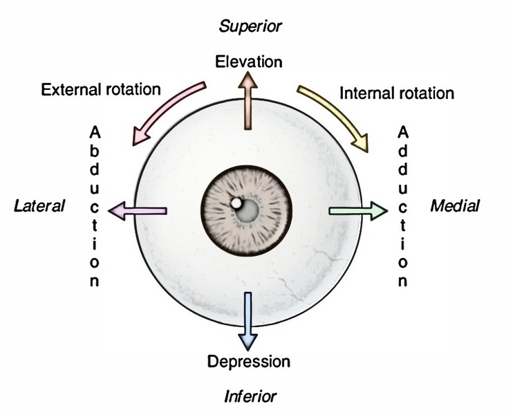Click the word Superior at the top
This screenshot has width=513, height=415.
pyautogui.click(x=250, y=26)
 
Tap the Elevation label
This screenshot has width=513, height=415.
pyautogui.click(x=250, y=62)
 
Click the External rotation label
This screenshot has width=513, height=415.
pyautogui.click(x=101, y=90)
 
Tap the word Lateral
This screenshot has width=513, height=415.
pyautogui.click(x=39, y=205)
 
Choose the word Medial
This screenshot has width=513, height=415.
pyautogui.click(x=454, y=205)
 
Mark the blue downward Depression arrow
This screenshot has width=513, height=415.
pyautogui.click(x=248, y=322)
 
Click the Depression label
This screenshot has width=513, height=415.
pyautogui.click(x=249, y=361)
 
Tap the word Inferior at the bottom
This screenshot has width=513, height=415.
pyautogui.click(x=250, y=396)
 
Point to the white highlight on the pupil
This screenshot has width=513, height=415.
pyautogui.click(x=236, y=203)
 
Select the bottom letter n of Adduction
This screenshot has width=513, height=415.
pyautogui.click(x=402, y=282)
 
